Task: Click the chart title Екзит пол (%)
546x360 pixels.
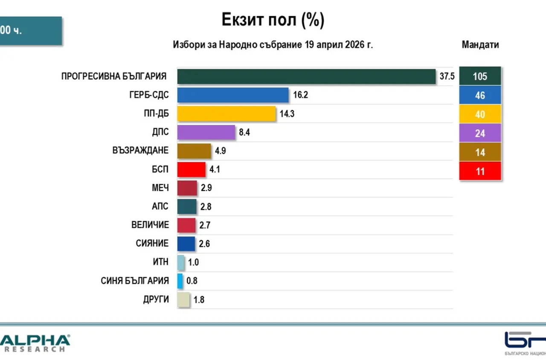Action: coord(273,20)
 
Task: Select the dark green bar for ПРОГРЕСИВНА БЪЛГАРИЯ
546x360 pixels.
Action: coord(306,76)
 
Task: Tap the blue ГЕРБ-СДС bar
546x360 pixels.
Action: coord(233,95)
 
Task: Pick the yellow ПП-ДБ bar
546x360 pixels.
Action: coord(227,114)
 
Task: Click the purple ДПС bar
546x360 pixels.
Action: coord(206,132)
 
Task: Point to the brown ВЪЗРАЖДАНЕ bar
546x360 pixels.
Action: coord(194,151)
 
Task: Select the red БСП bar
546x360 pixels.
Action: coord(191,169)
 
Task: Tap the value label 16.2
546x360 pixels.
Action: coord(300,95)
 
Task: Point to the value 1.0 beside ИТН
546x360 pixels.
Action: coord(193,262)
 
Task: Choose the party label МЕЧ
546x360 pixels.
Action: coord(160,188)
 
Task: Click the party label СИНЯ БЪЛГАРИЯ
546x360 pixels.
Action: coord(135,281)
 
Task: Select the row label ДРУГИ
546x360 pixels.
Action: coord(156,299)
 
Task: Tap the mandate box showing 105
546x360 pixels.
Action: coord(480,77)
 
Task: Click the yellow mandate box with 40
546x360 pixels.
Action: coord(480,114)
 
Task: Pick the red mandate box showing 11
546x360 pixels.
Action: coord(480,171)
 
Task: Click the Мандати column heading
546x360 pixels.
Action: coord(480,45)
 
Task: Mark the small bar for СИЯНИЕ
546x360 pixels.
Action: coord(186,244)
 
